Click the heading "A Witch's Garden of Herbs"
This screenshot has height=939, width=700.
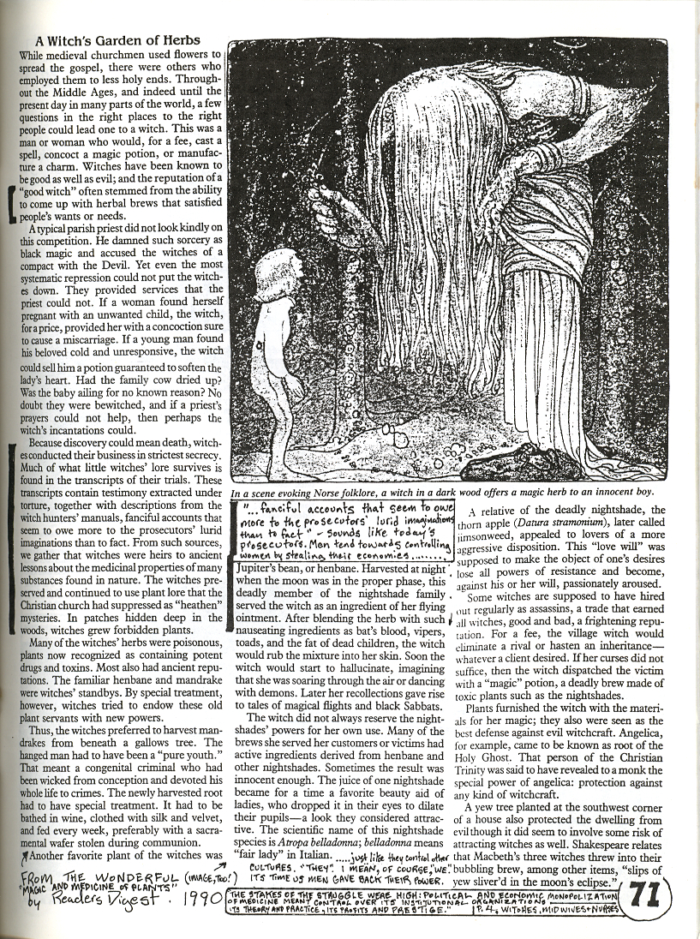(117, 40)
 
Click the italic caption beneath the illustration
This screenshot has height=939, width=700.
(441, 493)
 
